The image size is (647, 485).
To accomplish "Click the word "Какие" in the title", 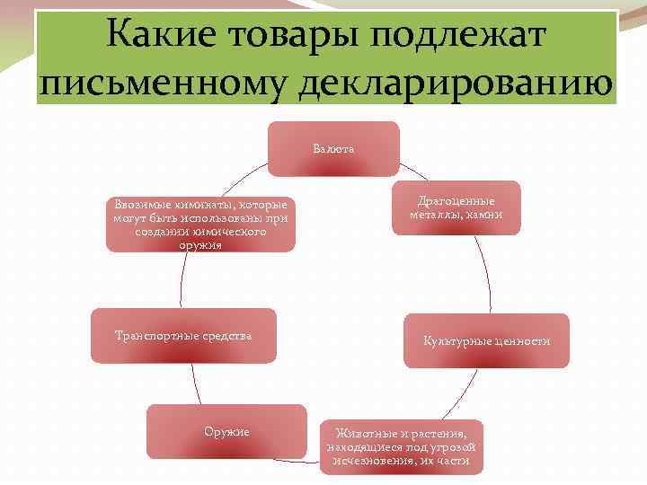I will (153, 35).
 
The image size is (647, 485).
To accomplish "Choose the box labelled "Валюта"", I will (333, 148).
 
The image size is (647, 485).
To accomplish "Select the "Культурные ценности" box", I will (486, 340).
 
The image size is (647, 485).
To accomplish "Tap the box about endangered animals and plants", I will (402, 446).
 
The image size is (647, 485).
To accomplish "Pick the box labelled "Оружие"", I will (226, 432).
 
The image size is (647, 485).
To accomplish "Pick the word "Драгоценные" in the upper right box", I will (456, 201).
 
